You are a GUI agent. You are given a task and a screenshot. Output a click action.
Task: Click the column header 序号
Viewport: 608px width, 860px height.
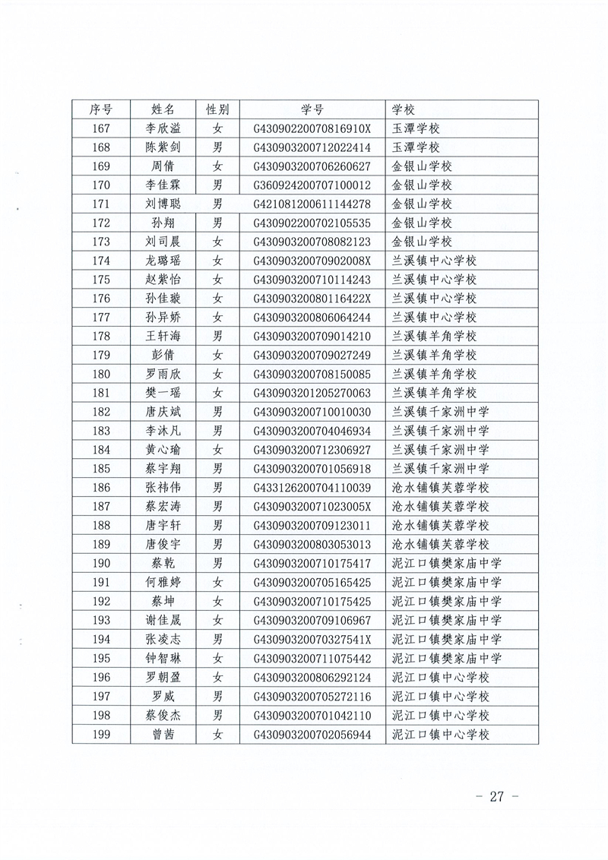101,109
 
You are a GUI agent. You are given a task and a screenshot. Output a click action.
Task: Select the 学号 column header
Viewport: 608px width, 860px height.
312,109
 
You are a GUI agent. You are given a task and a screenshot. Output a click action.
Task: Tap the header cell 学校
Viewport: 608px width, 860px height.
404,109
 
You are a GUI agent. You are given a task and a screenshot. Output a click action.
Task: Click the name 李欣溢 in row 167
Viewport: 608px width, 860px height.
163,128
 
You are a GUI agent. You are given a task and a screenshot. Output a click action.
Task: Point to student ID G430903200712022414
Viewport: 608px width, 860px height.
312,147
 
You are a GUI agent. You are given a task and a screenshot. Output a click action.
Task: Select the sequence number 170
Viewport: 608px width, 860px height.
101,185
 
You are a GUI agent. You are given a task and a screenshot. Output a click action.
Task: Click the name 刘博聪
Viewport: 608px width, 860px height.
163,204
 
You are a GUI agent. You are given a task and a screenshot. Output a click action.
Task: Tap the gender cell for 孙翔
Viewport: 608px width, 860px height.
217,223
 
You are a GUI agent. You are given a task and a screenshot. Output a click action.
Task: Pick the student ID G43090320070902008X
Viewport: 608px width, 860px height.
312,261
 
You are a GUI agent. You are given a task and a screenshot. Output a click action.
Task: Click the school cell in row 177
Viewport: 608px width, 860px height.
433,318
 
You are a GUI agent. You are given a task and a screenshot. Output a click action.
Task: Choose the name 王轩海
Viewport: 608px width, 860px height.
163,337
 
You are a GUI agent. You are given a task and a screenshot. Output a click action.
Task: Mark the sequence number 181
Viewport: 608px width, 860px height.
101,393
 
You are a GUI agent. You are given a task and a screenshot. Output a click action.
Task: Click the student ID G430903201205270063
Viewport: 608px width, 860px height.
312,393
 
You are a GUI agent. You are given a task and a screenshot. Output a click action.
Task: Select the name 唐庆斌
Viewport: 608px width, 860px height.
163,412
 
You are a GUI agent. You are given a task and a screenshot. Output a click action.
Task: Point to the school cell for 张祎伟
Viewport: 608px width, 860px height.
440,488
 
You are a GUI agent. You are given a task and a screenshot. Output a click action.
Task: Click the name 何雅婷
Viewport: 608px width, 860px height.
163,582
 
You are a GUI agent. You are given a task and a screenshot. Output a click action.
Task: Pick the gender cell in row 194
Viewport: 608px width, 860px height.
217,639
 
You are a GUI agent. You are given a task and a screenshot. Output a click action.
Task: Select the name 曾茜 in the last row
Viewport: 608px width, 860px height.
163,734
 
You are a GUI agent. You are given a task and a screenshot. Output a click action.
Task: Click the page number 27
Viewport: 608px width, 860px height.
497,796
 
